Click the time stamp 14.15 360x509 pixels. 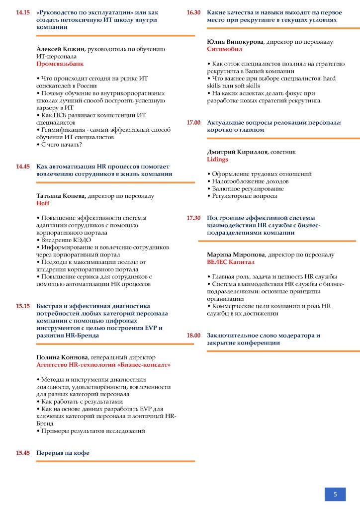tap(23, 12)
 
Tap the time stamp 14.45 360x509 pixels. tap(23, 167)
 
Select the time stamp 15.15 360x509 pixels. tap(23, 306)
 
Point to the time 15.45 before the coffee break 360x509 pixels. tap(23, 453)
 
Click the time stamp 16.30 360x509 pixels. tap(193, 12)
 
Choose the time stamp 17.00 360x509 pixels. tap(193, 122)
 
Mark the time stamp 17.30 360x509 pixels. tap(193, 218)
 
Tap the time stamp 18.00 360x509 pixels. tap(193, 336)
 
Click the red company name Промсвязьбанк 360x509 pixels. tap(60, 64)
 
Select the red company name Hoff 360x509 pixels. tap(43, 203)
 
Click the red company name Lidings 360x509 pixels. tap(218, 160)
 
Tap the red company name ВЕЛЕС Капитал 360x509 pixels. tap(231, 262)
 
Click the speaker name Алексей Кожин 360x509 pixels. tap(61, 49)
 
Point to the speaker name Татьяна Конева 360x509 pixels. tap(62, 196)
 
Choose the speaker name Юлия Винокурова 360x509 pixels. tap(235, 42)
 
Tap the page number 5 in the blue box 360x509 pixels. tap(335, 494)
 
